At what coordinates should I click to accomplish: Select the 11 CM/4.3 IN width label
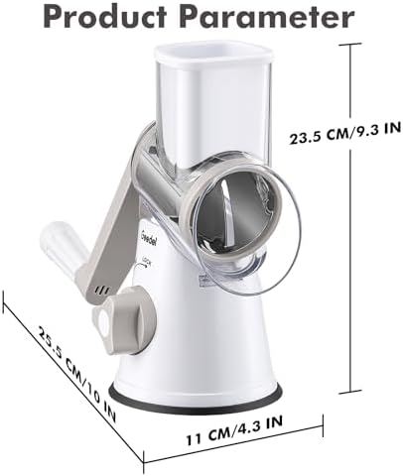pyautogui.click(x=234, y=430)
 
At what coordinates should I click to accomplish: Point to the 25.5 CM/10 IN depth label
pyautogui.click(x=77, y=374)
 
